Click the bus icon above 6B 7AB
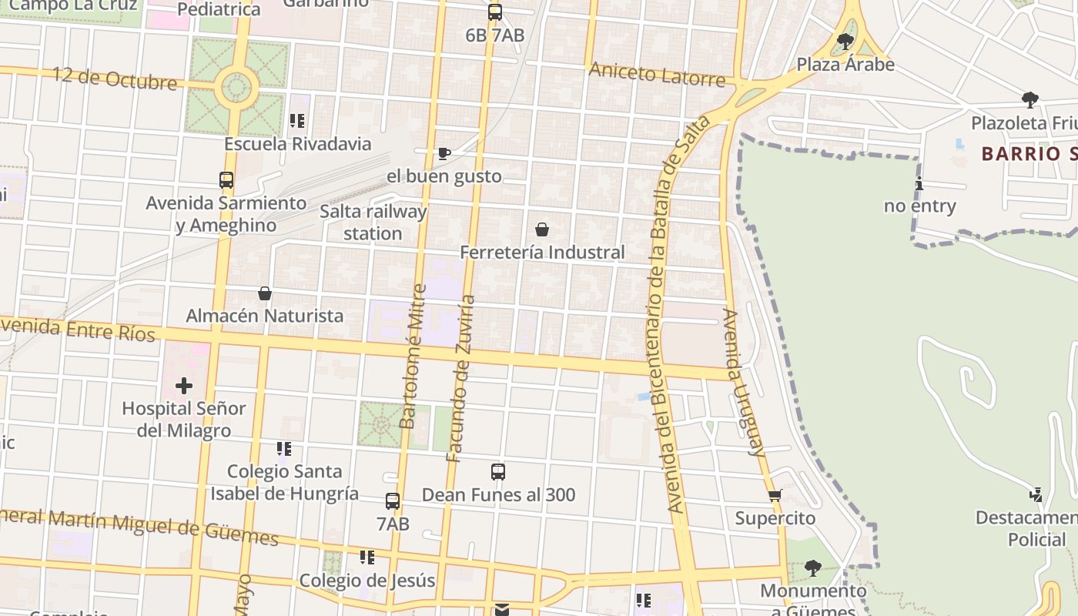[494, 12]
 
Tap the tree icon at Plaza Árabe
[845, 41]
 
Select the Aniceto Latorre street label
[657, 75]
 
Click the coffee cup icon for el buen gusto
[444, 153]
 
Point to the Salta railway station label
[373, 222]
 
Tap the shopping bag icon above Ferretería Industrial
[542, 229]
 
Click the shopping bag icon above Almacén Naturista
[265, 293]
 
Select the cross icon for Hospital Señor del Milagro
[183, 386]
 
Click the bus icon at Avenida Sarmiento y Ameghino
[226, 180]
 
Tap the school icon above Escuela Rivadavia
[297, 121]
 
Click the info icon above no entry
[919, 184]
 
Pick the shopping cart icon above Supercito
[775, 495]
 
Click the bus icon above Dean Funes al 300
[498, 472]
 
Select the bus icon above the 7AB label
[393, 501]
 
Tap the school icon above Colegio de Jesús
[367, 557]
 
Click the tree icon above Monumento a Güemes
[812, 568]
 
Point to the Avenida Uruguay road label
[742, 383]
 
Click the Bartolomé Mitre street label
[413, 357]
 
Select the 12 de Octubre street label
[115, 79]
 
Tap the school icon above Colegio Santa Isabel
[284, 448]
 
